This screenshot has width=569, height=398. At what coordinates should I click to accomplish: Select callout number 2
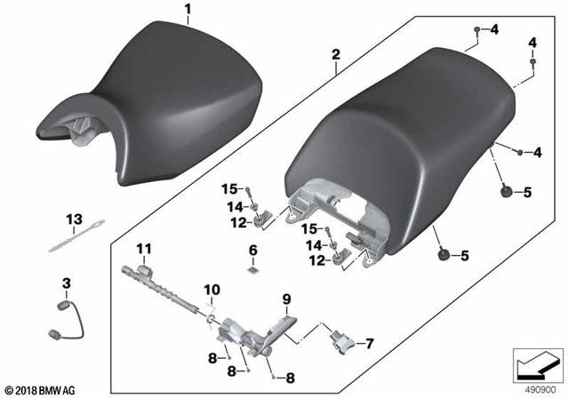(335, 53)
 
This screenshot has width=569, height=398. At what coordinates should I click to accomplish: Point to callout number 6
(252, 250)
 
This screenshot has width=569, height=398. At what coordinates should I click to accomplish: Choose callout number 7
(371, 342)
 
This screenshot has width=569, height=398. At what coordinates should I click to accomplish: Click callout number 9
(286, 297)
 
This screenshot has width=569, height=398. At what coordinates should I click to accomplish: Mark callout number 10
(211, 290)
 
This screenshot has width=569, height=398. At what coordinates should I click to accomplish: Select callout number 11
(144, 249)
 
